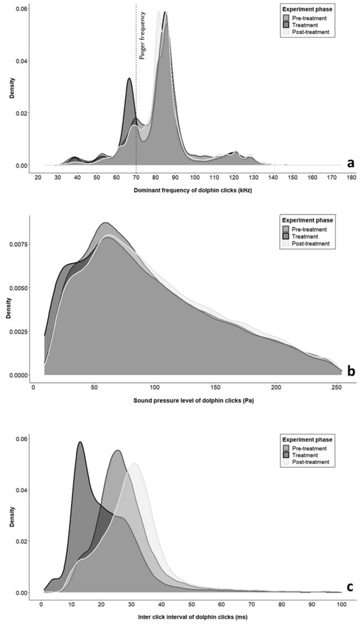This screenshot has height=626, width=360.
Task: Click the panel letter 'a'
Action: [x=350, y=163]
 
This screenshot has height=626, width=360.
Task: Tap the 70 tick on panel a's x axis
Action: [x=136, y=178]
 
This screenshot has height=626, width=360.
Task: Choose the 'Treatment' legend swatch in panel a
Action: [x=286, y=25]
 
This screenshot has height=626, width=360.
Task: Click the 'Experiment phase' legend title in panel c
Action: [x=307, y=440]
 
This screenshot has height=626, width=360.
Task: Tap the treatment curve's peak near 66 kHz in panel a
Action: [x=129, y=79]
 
